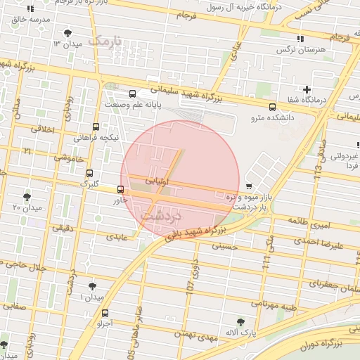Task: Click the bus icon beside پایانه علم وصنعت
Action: [x=133, y=94]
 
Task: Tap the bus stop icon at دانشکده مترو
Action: [x=272, y=107]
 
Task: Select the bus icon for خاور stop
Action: [x=121, y=189]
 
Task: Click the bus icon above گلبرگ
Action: [x=89, y=173]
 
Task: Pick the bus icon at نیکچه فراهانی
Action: [x=96, y=127]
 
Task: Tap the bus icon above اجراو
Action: [x=105, y=313]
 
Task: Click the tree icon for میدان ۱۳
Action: [x=67, y=33]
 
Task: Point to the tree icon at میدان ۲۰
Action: [x=27, y=197]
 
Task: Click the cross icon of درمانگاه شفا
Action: [x=307, y=89]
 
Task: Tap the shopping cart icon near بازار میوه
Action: [x=249, y=186]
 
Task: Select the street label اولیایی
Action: [x=157, y=181]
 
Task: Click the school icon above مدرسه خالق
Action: [x=30, y=9]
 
